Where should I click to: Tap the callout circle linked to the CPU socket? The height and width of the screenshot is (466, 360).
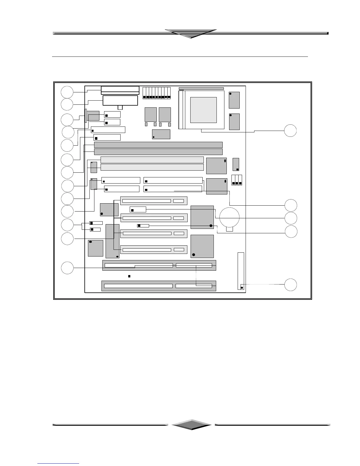pyautogui.click(x=290, y=131)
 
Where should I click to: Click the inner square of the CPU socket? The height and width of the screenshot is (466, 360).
pyautogui.click(x=204, y=110)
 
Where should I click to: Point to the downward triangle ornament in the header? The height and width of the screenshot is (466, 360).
pyautogui.click(x=191, y=34)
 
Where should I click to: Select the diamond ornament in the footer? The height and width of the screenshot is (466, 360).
pyautogui.click(x=191, y=425)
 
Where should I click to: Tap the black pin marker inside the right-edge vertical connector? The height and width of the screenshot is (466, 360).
pyautogui.click(x=242, y=288)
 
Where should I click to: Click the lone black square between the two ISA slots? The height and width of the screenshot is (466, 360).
pyautogui.click(x=129, y=276)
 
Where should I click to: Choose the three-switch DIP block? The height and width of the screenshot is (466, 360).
pyautogui.click(x=237, y=180)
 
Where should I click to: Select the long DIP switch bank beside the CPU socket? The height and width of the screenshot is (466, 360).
pyautogui.click(x=156, y=93)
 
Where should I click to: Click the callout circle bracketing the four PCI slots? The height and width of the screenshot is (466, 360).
pyautogui.click(x=67, y=239)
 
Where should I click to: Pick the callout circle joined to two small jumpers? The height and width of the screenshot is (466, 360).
pyautogui.click(x=67, y=225)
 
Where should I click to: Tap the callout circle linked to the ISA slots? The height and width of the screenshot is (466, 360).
pyautogui.click(x=67, y=268)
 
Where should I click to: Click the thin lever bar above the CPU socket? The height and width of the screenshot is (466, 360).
pyautogui.click(x=201, y=89)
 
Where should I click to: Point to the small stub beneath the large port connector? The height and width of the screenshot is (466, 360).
pyautogui.click(x=120, y=107)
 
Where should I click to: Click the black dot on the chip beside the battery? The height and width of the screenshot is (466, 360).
pyautogui.click(x=211, y=226)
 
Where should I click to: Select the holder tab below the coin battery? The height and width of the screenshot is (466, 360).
pyautogui.click(x=230, y=229)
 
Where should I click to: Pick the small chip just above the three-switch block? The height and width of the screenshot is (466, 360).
pyautogui.click(x=236, y=164)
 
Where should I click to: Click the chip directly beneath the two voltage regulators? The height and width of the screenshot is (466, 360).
pyautogui.click(x=161, y=134)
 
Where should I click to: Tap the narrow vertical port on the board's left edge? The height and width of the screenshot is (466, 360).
pyautogui.click(x=86, y=116)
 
